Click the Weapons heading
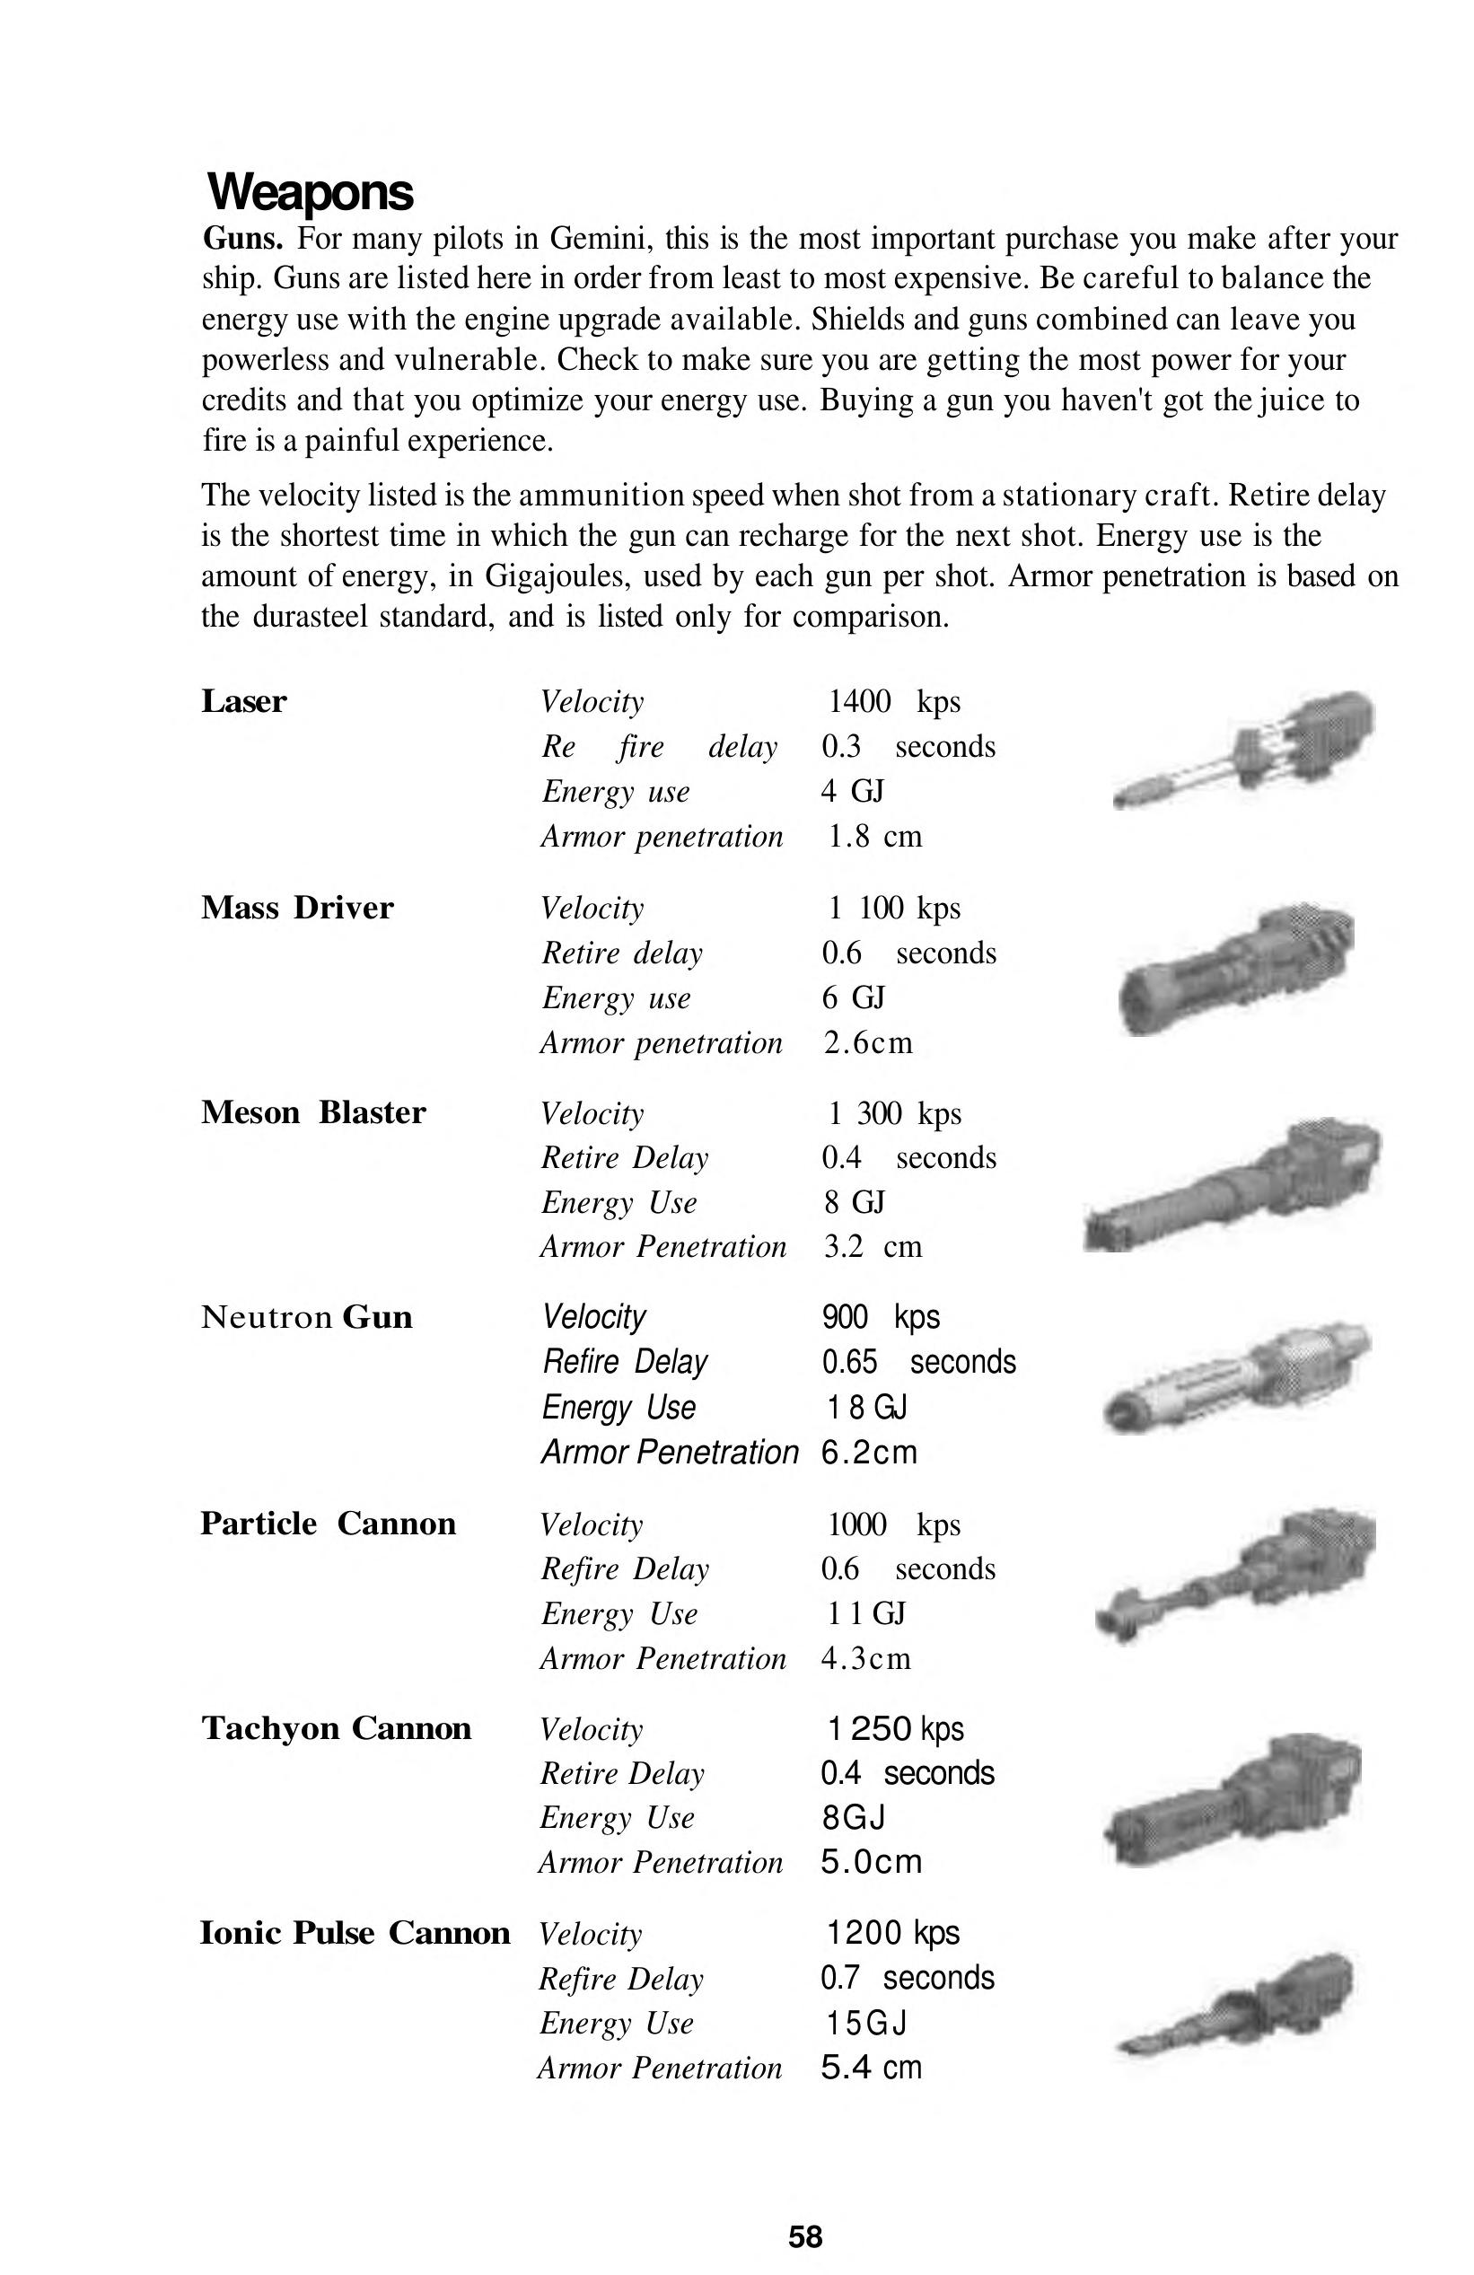point(311,192)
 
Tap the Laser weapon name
point(244,701)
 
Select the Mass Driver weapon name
point(297,908)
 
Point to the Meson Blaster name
point(313,1112)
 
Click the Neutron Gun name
point(307,1317)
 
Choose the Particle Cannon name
point(328,1524)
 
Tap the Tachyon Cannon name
point(337,1728)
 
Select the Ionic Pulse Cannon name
point(355,1933)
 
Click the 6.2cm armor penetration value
point(869,1452)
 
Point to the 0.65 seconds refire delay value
point(918,1362)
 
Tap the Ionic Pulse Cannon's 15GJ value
point(866,2023)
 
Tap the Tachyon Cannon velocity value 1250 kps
point(895,1728)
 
